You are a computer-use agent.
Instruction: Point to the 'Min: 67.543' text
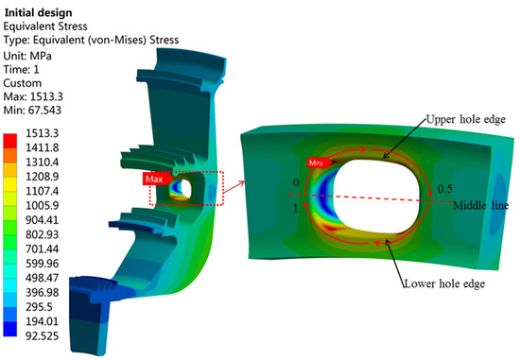pos(30,111)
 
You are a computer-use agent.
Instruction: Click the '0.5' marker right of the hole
pos(444,189)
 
